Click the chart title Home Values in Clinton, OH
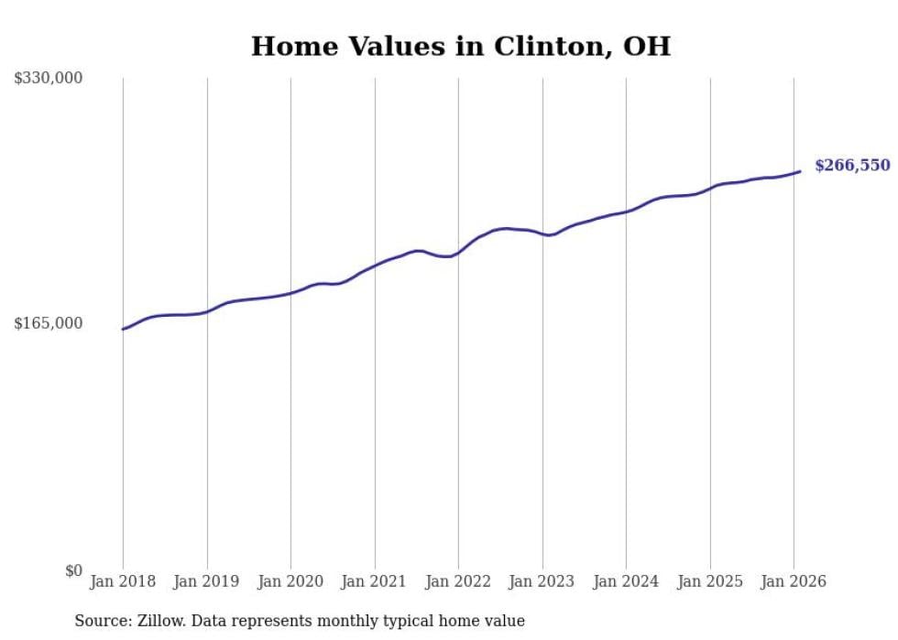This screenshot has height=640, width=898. (x=460, y=46)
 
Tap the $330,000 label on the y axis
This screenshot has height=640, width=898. (x=49, y=78)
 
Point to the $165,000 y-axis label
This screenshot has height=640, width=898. (x=49, y=323)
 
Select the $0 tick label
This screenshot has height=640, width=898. (x=73, y=570)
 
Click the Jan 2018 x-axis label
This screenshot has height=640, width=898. (x=123, y=581)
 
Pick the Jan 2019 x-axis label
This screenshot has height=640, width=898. (x=207, y=581)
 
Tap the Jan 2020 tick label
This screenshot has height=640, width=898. (x=290, y=581)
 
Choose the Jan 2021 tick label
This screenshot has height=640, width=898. (x=375, y=581)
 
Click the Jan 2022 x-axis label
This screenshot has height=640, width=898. (x=458, y=581)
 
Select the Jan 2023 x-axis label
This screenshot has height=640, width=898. (x=542, y=581)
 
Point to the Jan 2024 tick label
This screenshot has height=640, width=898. (x=626, y=581)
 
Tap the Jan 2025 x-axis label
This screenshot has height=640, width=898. (x=710, y=581)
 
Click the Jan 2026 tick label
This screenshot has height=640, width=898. (x=794, y=581)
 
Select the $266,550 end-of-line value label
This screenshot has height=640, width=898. (x=852, y=166)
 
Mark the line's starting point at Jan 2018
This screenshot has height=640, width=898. (x=123, y=329)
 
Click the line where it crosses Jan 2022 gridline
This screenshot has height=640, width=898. (x=458, y=252)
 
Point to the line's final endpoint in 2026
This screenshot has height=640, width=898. (x=800, y=171)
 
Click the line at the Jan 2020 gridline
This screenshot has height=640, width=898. (x=290, y=293)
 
